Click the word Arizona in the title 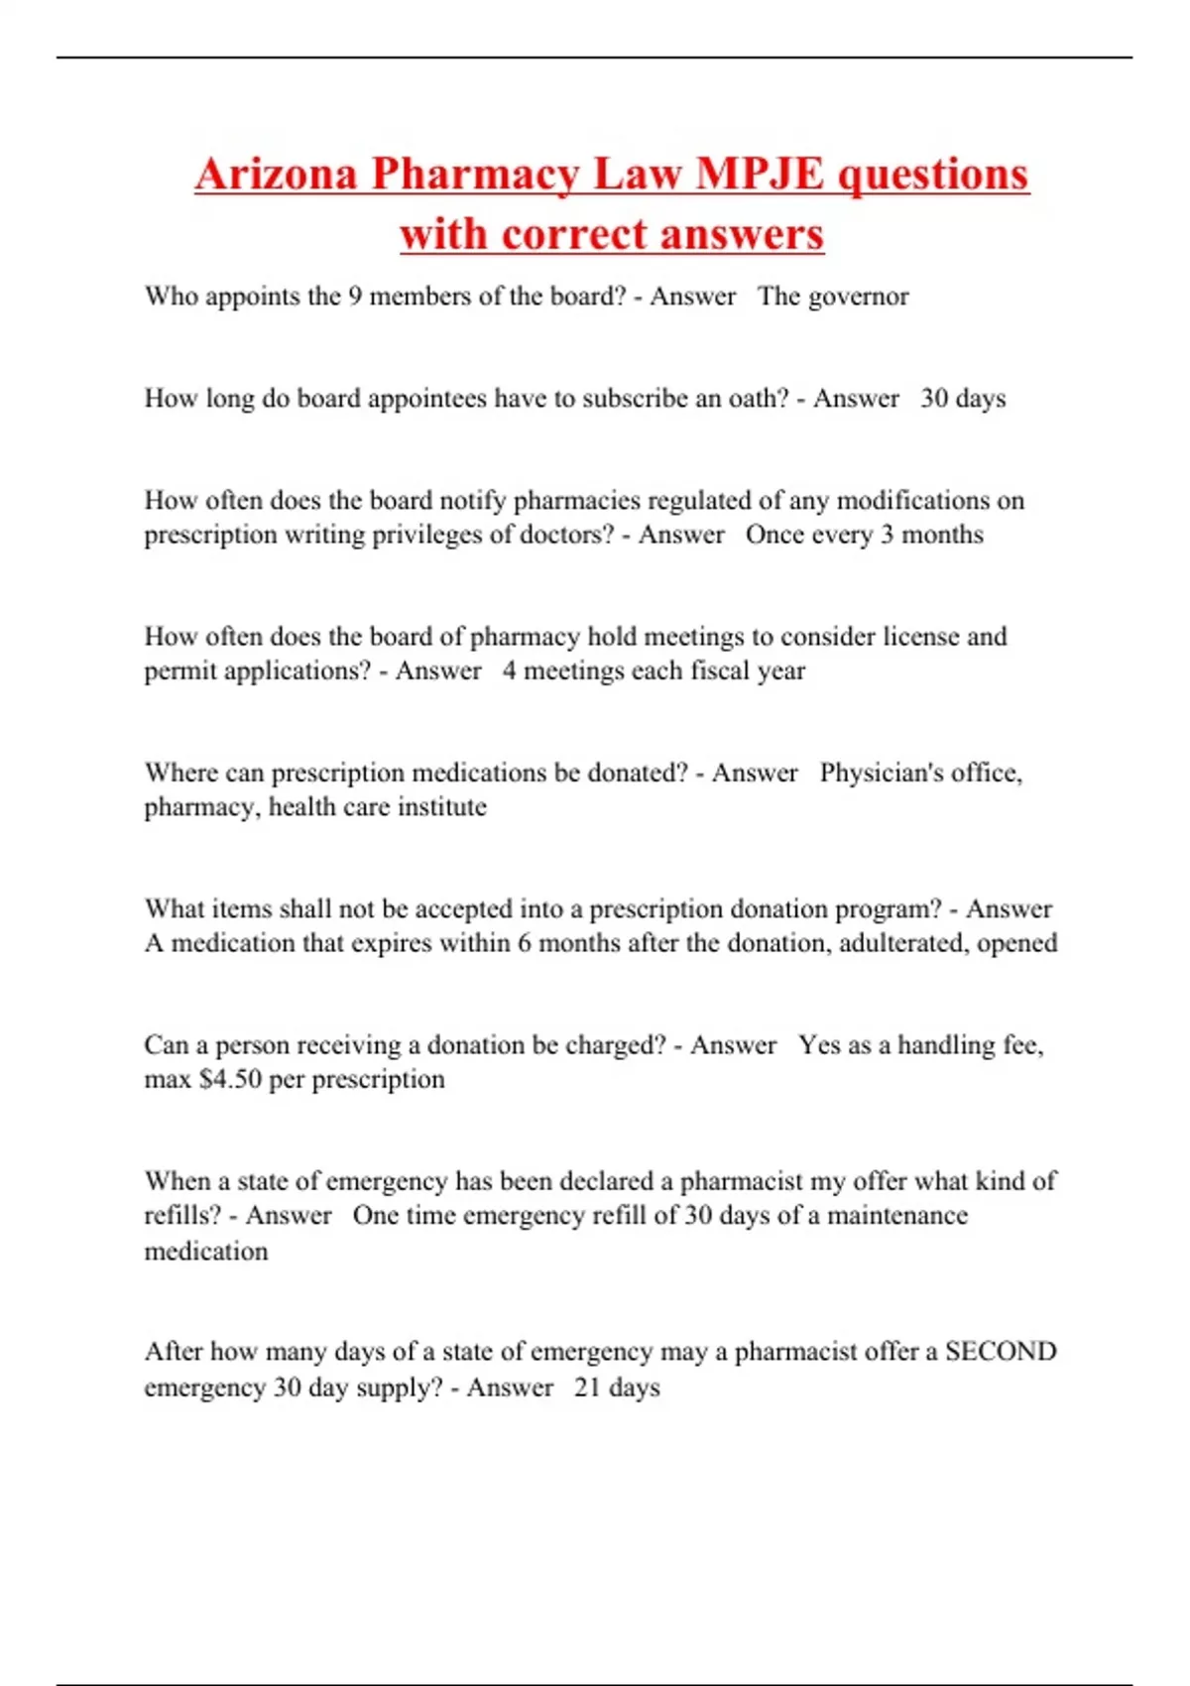click(x=276, y=175)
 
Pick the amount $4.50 click(x=230, y=1079)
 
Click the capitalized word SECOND click(x=1001, y=1352)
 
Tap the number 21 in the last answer click(x=587, y=1386)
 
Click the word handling click(x=946, y=1045)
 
